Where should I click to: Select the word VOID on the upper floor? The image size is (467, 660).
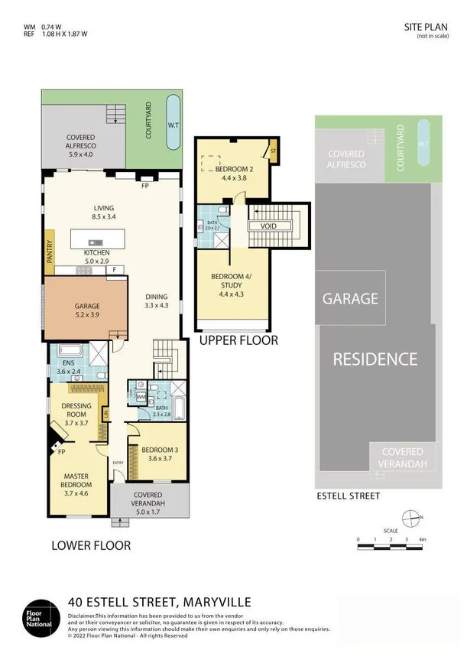click(x=268, y=226)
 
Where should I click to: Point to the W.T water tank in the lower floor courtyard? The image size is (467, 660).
click(x=174, y=122)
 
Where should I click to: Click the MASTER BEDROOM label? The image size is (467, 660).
click(x=76, y=480)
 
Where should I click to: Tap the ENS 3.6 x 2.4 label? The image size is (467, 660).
click(x=67, y=367)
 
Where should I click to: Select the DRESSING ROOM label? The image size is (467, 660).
click(x=77, y=413)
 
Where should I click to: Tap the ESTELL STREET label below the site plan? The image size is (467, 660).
click(x=348, y=496)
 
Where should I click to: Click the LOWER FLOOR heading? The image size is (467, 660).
click(x=91, y=545)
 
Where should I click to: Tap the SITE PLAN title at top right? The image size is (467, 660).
click(x=424, y=27)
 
